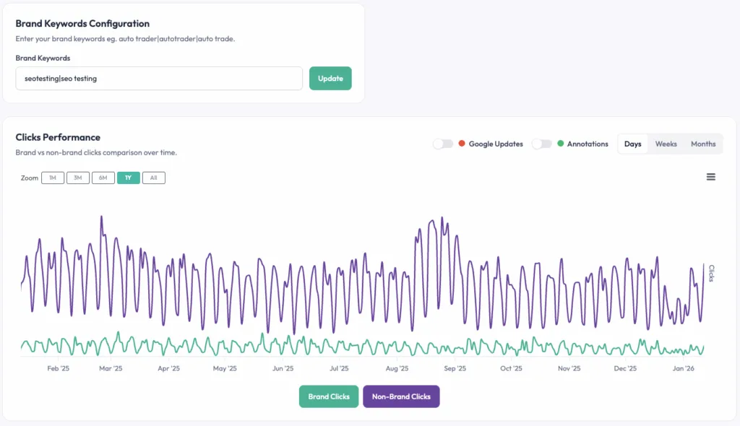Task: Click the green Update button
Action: click(x=330, y=79)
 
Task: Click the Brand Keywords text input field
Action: click(x=159, y=79)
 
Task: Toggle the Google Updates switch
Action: click(x=443, y=144)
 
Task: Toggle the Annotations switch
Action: click(x=541, y=144)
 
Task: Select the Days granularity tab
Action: click(x=632, y=144)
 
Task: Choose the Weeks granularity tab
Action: click(x=666, y=144)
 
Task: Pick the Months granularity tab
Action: click(x=702, y=144)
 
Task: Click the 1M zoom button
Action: click(x=53, y=178)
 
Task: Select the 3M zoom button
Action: click(x=78, y=178)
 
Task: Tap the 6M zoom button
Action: click(x=103, y=178)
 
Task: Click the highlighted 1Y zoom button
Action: click(x=129, y=178)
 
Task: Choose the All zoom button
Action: click(x=153, y=178)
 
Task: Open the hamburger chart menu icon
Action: click(x=711, y=177)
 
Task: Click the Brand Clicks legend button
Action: click(x=329, y=396)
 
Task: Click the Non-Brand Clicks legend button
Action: click(x=401, y=396)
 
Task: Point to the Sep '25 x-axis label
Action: click(x=455, y=368)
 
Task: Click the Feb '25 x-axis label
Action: click(x=58, y=368)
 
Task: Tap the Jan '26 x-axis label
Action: click(x=684, y=368)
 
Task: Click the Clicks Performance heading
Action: click(x=58, y=137)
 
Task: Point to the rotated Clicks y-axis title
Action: click(x=711, y=273)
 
